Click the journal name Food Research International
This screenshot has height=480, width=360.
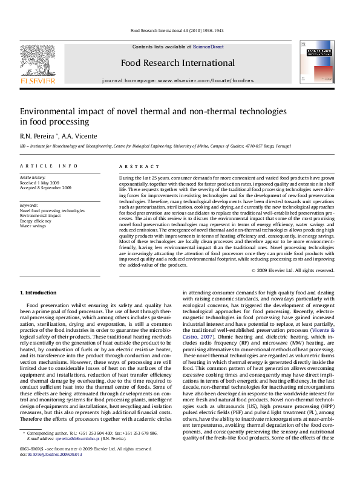click(x=177, y=62)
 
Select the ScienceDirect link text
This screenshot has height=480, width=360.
click(x=209, y=47)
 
